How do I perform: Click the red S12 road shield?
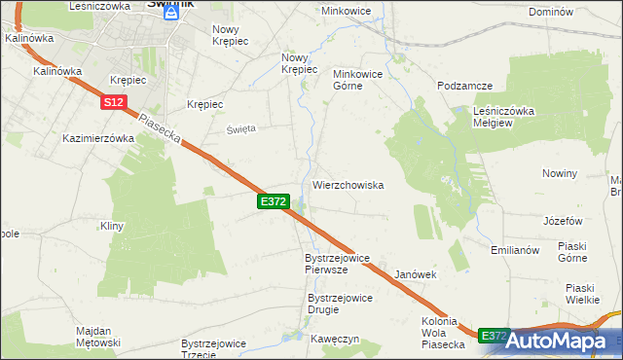(114, 101)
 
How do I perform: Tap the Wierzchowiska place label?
(348, 184)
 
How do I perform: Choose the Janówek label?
(415, 275)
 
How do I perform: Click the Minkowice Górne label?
(361, 80)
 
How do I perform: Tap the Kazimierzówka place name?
(97, 138)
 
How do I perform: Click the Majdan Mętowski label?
(97, 337)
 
